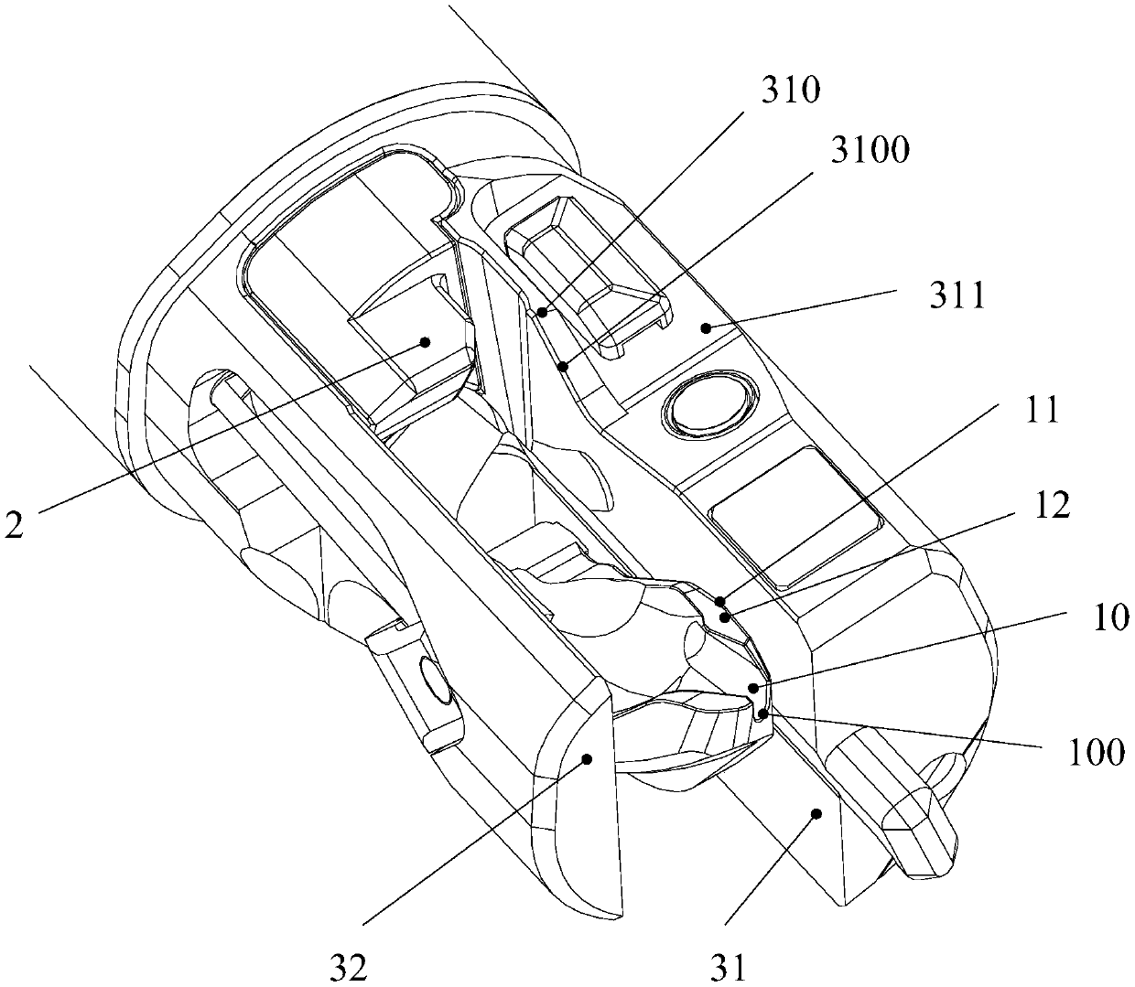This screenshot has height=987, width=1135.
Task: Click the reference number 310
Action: pos(794,91)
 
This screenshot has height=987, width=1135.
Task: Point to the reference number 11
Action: pos(1040,411)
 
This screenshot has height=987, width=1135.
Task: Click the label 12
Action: pos(1053,507)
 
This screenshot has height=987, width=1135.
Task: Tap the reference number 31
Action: pos(729,966)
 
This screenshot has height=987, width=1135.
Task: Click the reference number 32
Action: pos(350,966)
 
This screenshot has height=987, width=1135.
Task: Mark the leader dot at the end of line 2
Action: pos(426,342)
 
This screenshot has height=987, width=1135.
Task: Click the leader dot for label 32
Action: pos(588,757)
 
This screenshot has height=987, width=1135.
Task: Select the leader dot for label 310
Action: pos(543,313)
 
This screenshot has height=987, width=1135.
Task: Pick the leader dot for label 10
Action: pos(752,688)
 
